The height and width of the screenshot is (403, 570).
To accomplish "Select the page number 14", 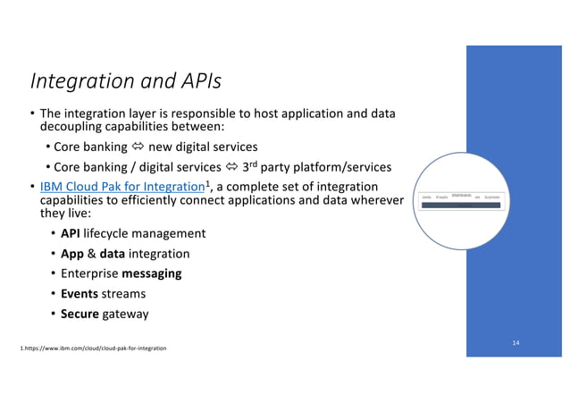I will (x=516, y=343).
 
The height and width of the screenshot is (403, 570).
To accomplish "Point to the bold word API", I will (x=71, y=233).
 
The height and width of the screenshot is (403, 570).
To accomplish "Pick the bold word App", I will (x=73, y=254).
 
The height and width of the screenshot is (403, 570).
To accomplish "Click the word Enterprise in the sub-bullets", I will (x=88, y=273).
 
